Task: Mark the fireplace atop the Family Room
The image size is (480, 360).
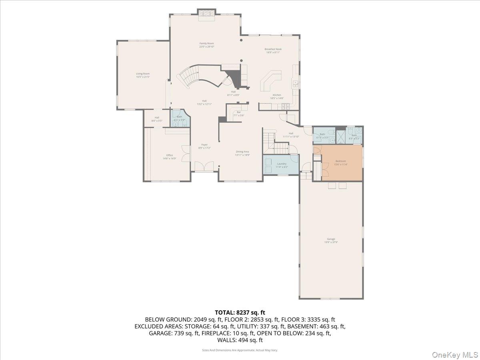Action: [207, 13]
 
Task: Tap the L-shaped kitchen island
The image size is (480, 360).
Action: [270, 82]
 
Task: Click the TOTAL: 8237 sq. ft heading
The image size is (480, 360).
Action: [240, 312]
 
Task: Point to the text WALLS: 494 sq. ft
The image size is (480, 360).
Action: [240, 340]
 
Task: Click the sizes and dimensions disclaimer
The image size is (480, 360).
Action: [240, 350]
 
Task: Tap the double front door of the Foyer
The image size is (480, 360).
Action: [207, 166]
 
